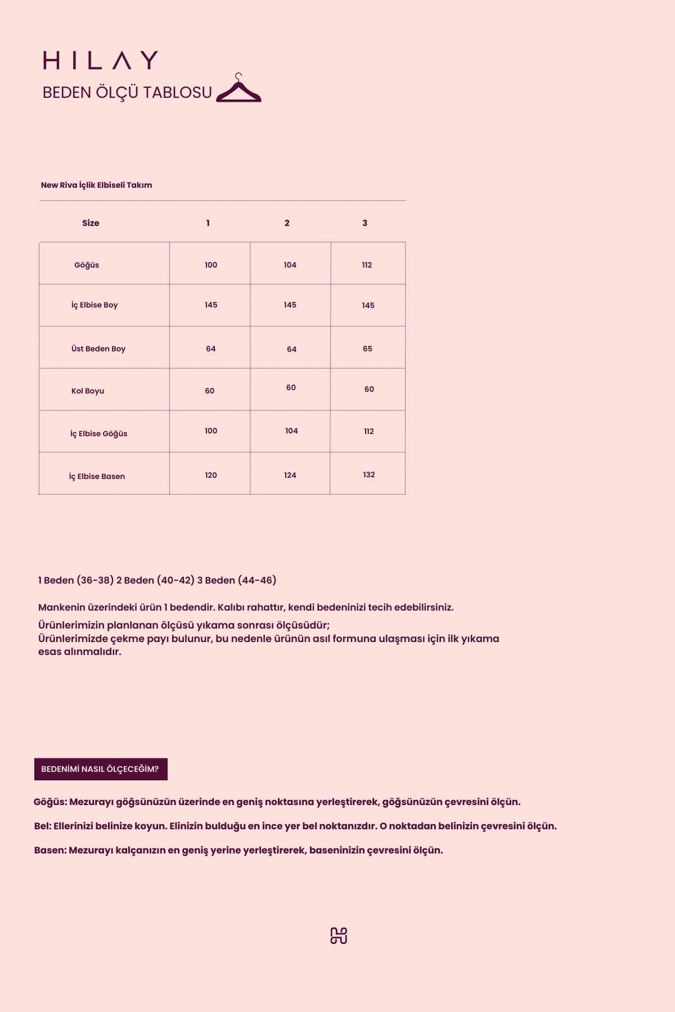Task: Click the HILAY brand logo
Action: tap(100, 60)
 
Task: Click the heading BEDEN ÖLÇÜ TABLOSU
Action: tap(127, 93)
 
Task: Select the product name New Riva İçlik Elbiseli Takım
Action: tap(96, 185)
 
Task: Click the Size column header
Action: tap(91, 223)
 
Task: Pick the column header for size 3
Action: tap(365, 223)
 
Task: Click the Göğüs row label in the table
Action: tap(87, 265)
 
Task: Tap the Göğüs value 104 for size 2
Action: tap(290, 265)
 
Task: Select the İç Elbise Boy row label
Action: tap(94, 305)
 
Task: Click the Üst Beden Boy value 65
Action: tap(367, 349)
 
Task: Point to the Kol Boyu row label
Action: tap(88, 391)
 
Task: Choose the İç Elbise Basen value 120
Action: tap(211, 475)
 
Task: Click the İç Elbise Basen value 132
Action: tap(369, 475)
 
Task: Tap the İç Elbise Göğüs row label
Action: tap(99, 433)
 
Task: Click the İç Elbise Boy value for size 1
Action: tap(211, 305)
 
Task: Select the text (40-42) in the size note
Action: tap(175, 580)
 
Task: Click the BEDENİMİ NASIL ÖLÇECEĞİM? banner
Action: tap(101, 769)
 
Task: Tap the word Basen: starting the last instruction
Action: tap(50, 850)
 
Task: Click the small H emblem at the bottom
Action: tap(339, 936)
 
